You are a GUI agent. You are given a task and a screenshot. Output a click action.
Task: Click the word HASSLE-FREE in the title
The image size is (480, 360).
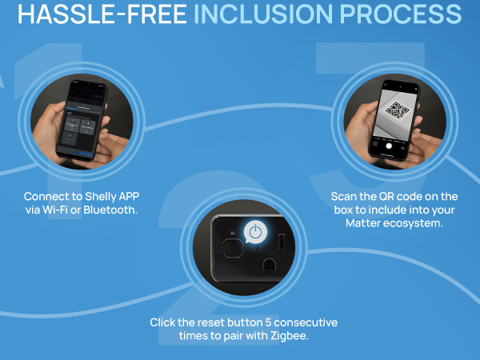(102, 14)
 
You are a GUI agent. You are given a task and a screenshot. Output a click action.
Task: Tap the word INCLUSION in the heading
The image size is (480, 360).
(263, 14)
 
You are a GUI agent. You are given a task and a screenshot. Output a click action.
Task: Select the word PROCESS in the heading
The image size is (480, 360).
(401, 14)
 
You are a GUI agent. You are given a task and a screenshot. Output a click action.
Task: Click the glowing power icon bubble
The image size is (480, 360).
(255, 232)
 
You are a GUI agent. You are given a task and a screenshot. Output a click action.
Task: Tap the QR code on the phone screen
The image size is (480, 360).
(397, 110)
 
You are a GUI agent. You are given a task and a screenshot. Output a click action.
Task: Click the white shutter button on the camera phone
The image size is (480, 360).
(389, 146)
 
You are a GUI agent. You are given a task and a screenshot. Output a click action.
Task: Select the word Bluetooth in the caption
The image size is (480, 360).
(110, 210)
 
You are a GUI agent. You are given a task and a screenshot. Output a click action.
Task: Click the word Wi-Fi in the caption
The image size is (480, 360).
(55, 210)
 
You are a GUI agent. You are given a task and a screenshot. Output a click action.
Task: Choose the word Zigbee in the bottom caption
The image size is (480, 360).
(290, 336)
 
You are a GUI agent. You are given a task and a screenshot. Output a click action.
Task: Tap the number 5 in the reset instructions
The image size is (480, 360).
(268, 322)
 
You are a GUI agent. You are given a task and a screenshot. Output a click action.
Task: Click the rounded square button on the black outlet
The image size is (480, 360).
(232, 248)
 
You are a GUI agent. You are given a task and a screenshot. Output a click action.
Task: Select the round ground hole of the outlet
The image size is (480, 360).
(270, 265)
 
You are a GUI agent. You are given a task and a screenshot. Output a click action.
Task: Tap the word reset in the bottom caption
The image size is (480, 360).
(211, 322)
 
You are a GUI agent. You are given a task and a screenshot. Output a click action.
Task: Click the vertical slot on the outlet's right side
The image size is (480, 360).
(282, 242)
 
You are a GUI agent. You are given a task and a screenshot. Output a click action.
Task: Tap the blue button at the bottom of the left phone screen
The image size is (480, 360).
(82, 153)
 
